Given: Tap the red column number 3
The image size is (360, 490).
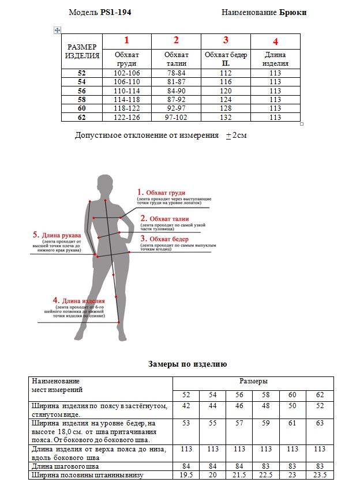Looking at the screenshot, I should coord(226,40).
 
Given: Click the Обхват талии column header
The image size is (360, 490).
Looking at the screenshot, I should coord(176,59).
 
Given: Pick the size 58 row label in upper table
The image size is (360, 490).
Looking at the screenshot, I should coord(81,99).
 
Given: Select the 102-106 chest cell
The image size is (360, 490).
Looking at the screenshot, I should coord(126,73).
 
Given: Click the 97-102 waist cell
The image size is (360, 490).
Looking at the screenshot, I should coord(176,117).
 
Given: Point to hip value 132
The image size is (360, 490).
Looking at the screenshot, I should coord(226,117).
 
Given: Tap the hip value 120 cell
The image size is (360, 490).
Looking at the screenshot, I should coord(226,91).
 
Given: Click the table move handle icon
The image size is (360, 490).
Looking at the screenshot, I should coord(57,29).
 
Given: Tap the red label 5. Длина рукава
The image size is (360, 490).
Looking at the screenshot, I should coord(57,235).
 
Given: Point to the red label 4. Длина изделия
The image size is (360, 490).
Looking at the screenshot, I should coord(78,300).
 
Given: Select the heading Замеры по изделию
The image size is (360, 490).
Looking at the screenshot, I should coord(187,364).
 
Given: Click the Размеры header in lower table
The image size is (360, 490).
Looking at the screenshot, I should coord(253,382).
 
